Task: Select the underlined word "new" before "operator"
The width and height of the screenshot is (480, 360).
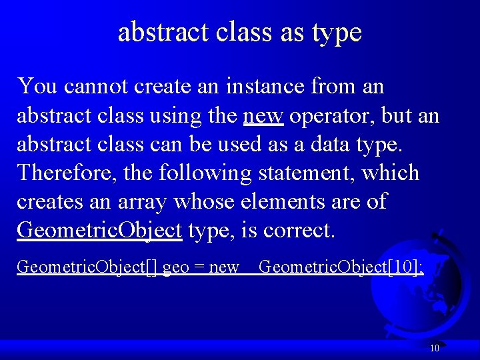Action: click(264, 116)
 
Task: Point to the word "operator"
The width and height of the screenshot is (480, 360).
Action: click(333, 116)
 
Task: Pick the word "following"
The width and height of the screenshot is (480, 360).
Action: click(205, 173)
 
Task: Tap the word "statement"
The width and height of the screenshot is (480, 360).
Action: click(306, 173)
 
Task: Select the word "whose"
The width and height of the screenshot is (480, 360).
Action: click(219, 202)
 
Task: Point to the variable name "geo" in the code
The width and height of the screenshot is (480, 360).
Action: click(175, 268)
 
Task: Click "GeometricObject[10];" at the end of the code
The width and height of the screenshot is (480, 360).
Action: click(341, 267)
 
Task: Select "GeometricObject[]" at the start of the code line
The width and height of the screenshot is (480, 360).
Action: click(87, 267)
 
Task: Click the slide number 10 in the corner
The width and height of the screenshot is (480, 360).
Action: click(434, 347)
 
